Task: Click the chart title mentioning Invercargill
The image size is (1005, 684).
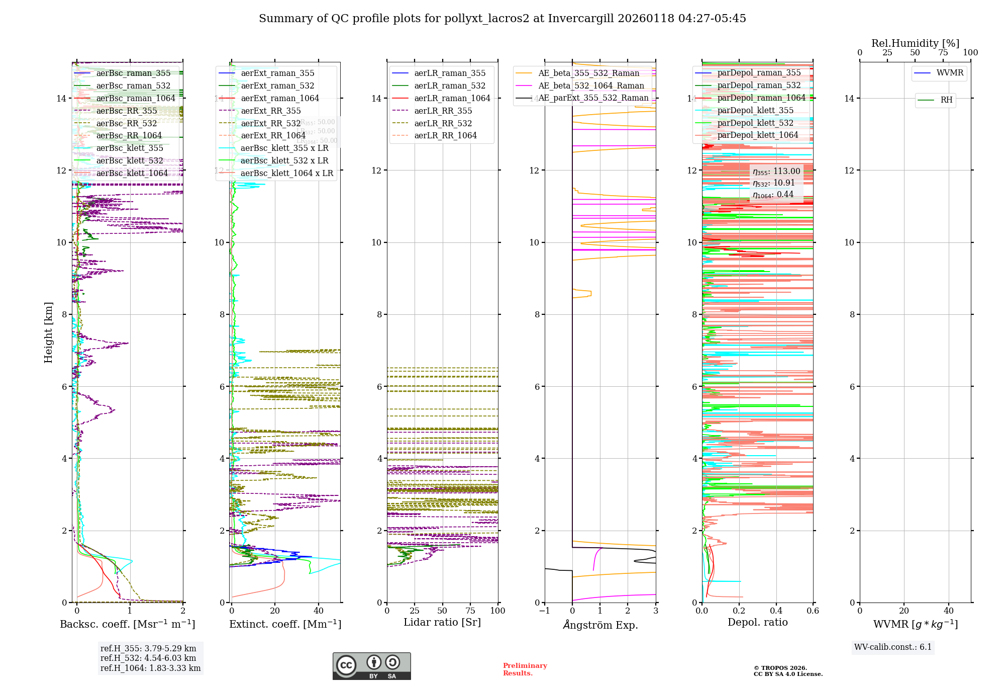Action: coord(502,19)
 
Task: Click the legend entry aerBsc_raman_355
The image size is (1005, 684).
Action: coord(133,73)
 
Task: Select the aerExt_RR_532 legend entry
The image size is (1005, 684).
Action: coord(270,123)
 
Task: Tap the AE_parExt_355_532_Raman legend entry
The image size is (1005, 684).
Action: coord(593,98)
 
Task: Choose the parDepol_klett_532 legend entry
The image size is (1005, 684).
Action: coord(755,123)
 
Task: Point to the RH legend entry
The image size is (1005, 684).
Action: coord(946,100)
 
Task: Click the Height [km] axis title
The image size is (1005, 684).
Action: coord(48,332)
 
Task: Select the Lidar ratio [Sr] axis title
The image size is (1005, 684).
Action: coord(442,622)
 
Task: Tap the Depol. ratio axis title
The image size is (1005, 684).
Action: coord(757,622)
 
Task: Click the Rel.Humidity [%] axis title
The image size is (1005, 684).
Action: coord(915,43)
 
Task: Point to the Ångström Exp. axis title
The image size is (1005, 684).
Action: coord(600,625)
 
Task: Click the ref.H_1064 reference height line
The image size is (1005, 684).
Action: coord(150,668)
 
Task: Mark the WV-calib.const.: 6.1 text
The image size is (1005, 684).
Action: coord(892,647)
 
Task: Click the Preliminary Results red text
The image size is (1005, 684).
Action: coord(525,669)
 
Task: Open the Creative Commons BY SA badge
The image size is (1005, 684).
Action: coord(371,666)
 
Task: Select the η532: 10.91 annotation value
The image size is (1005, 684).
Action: coord(773,183)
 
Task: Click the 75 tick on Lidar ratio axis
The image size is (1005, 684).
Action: coord(470,611)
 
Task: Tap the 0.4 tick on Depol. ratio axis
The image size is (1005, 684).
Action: coord(776,611)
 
